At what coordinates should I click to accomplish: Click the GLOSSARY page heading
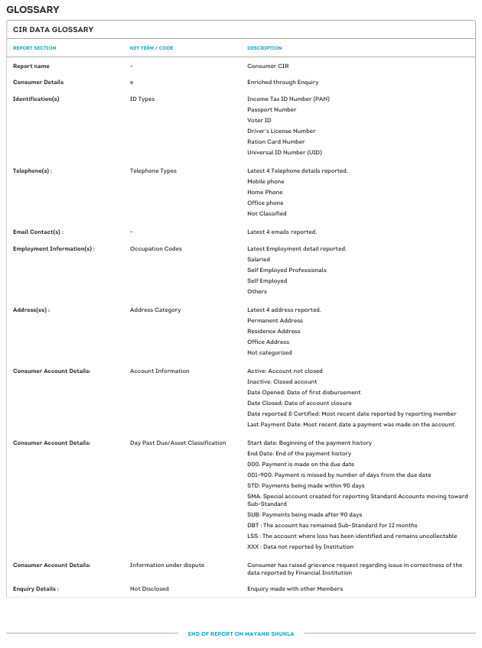33,9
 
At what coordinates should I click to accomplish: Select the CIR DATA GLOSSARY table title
53,30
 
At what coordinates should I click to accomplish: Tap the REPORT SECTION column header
34,48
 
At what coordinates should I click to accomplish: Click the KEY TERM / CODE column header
151,48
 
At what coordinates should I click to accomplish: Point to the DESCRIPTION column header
265,48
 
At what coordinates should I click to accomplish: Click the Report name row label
32,66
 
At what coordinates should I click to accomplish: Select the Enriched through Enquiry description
282,82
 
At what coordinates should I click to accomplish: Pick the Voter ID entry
259,120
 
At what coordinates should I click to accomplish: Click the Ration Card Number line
275,141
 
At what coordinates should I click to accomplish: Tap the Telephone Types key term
153,170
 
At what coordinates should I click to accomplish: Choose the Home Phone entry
265,192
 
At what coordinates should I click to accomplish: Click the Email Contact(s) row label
38,232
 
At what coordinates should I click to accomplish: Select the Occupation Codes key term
156,248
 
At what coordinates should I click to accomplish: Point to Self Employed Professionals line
286,270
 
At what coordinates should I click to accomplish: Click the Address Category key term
155,309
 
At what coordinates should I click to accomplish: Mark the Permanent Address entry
274,320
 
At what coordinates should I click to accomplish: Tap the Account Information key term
159,371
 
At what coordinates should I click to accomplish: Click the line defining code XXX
300,546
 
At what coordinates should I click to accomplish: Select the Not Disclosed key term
149,589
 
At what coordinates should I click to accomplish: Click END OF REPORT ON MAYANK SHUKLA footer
241,633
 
